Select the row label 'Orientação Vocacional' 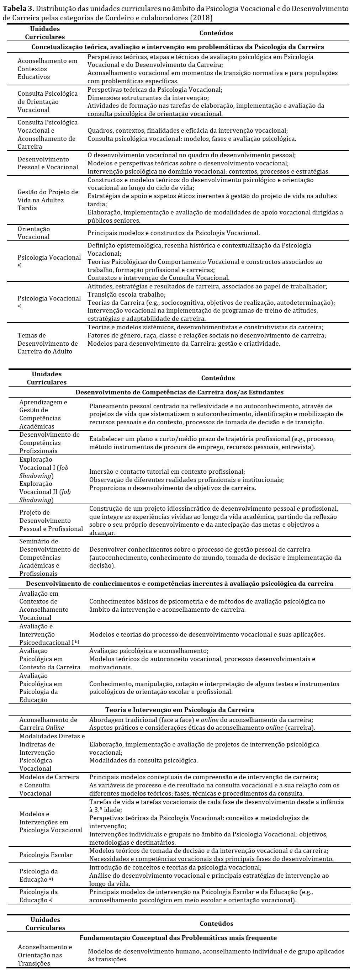point(34,233)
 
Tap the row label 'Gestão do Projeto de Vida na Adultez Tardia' point(48,200)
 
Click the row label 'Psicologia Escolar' point(46,855)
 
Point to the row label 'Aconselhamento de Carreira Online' point(48,724)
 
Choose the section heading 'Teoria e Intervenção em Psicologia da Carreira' point(180,709)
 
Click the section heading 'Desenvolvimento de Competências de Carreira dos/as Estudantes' point(180,392)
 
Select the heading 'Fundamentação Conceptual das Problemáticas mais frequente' point(178,938)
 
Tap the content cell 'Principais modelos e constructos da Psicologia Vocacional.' point(174,233)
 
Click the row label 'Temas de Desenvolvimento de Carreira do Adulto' point(47,343)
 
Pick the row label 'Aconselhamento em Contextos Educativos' point(47,69)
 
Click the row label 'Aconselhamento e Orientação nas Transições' point(45,955)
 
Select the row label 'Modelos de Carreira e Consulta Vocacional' point(49,786)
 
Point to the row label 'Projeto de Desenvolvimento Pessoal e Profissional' point(51,521)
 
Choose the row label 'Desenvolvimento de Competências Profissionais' point(49,443)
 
